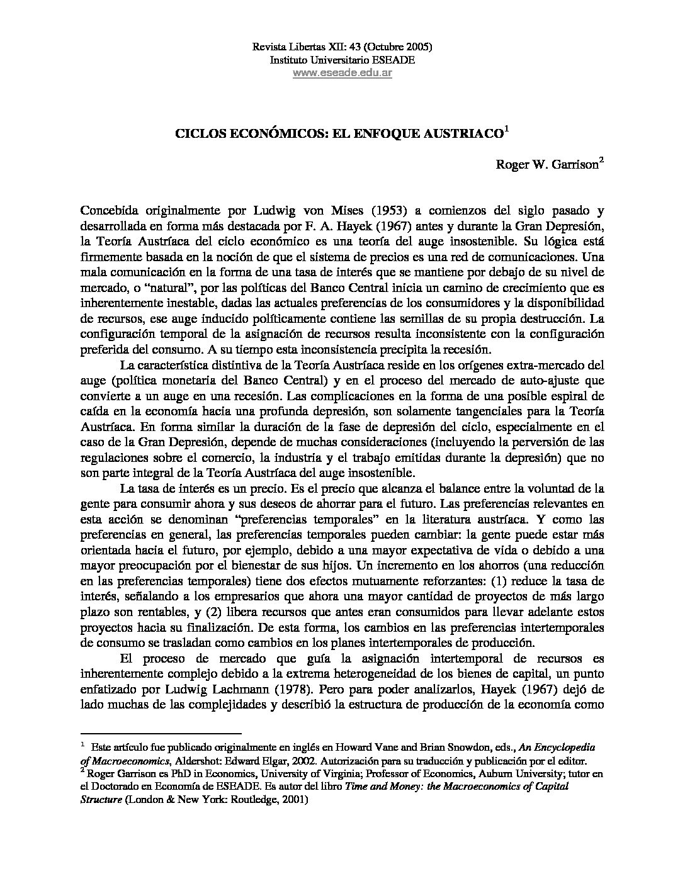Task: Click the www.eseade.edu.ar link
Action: [342, 73]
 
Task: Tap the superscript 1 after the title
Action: [506, 130]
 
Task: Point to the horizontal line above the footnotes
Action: [162, 733]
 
